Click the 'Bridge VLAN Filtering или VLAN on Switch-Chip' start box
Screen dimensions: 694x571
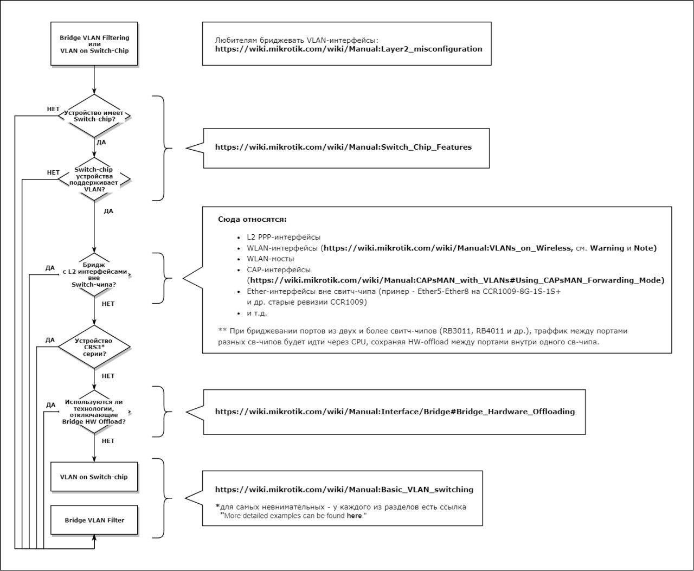[x=94, y=44]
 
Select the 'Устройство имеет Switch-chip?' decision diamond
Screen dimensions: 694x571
[x=94, y=116]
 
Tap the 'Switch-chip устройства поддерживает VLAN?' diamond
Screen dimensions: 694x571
[x=94, y=179]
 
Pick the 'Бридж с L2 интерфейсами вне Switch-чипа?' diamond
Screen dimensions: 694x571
[x=94, y=274]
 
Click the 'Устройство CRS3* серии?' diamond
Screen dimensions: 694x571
[x=94, y=347]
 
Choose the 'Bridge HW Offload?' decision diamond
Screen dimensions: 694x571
[x=94, y=412]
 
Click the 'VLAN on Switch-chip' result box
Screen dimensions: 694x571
[x=94, y=477]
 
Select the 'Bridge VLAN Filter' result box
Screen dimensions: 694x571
[x=94, y=520]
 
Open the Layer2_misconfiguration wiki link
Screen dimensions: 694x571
[x=349, y=49]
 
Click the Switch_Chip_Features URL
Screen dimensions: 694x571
[x=343, y=147]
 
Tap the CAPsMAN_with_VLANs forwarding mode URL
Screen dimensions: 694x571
[x=456, y=280]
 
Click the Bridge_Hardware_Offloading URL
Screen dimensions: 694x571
[x=395, y=412]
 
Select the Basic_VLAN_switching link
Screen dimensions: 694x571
[x=344, y=489]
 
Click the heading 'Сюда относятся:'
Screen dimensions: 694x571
[x=252, y=220]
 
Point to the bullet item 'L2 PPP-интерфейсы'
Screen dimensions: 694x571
[x=284, y=238]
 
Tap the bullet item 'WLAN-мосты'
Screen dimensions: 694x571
[x=271, y=259]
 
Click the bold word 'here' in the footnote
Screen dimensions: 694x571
[x=354, y=516]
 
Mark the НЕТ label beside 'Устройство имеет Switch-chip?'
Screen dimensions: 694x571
[x=53, y=109]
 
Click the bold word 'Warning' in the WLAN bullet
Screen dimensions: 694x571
[x=607, y=248]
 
